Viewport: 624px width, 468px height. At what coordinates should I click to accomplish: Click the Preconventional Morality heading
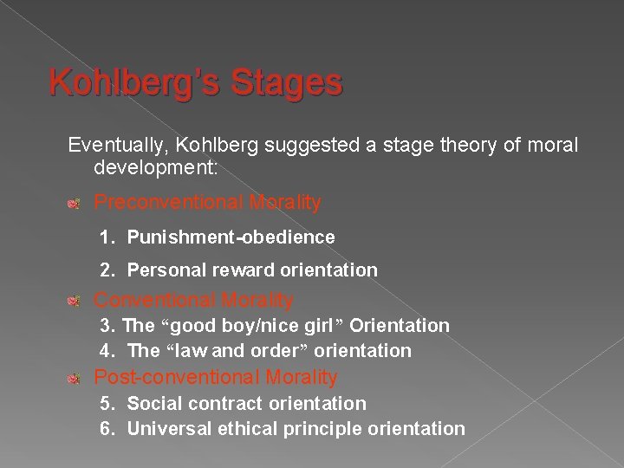pos(207,203)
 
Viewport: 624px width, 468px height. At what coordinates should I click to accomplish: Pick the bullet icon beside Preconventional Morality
pos(75,204)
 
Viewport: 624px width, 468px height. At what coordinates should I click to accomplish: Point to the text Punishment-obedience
pos(231,237)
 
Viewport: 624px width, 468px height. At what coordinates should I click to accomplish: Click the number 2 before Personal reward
pos(105,270)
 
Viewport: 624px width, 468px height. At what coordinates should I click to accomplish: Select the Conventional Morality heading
pos(193,301)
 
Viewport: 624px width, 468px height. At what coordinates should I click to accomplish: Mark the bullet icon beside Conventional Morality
pos(75,302)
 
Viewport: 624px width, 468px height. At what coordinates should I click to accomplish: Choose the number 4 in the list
pos(105,351)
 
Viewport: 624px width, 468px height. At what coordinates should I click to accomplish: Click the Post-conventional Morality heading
pos(215,378)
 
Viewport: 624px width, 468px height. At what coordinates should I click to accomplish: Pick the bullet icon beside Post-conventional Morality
pos(75,378)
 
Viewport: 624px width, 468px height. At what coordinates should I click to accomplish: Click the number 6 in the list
pos(105,428)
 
